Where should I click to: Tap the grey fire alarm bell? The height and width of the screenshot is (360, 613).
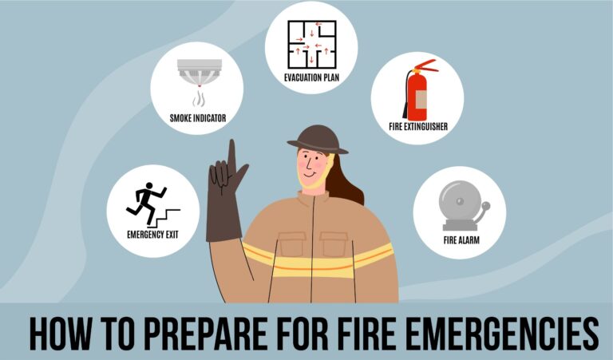pos(457,208)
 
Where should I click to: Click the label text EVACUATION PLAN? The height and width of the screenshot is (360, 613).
pos(311,78)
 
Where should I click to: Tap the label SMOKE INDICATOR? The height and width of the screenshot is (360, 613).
pos(197,117)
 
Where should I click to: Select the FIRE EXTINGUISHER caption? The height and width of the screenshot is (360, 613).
pos(417,127)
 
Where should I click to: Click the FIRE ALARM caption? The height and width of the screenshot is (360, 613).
pos(460,239)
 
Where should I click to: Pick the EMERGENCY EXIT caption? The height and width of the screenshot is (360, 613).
pos(152,235)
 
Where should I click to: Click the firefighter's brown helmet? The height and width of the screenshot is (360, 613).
pos(318,138)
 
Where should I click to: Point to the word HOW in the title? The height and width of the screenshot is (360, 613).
pos(60,334)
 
